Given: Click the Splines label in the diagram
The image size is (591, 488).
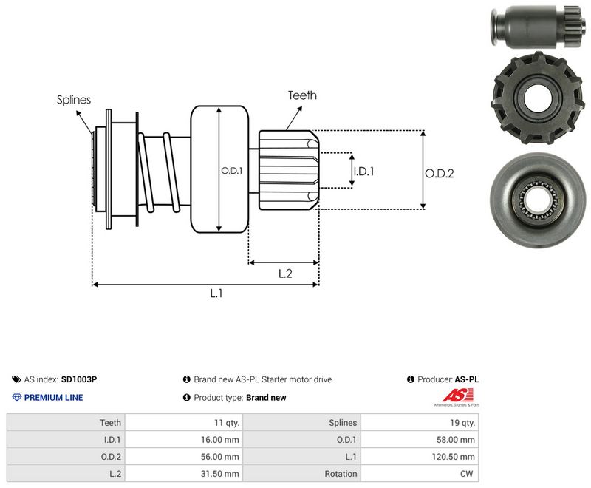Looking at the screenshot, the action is pos(73,100).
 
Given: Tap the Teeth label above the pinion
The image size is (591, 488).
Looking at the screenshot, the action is pos(302,95).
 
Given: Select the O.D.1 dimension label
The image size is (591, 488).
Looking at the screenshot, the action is pos(232,171).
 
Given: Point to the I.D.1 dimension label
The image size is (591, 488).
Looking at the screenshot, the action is pos(363,172).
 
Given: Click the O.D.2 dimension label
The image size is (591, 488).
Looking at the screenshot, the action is pos(440,174).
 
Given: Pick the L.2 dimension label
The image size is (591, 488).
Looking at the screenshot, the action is pos(285,274).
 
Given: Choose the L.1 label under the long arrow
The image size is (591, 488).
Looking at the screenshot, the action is pos(216,293).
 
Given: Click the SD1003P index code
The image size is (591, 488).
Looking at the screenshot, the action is pos(79,379).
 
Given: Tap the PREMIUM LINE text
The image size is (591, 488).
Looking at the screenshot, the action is pos(53,398).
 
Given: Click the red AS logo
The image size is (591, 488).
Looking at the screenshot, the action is pos(457,396).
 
